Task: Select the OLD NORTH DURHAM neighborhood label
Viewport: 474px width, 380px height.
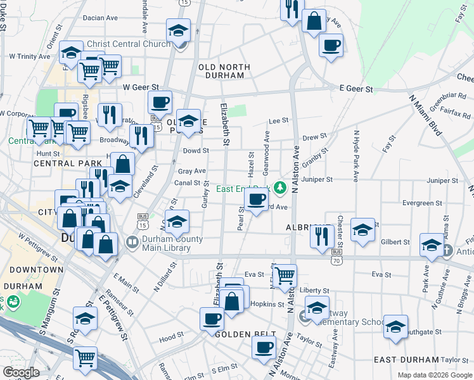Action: [x=224, y=71]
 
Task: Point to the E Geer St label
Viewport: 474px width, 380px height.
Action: [x=355, y=89]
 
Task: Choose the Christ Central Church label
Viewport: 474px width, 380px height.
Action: [x=132, y=44]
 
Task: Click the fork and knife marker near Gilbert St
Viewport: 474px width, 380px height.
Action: [x=323, y=236]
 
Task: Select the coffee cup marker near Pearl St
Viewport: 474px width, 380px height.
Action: [x=256, y=200]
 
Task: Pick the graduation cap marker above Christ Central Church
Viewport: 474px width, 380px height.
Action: [x=179, y=30]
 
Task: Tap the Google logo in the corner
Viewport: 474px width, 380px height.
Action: [x=21, y=372]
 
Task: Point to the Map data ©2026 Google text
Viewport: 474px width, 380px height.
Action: [x=435, y=375]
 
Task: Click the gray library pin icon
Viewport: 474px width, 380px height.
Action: [x=132, y=242]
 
